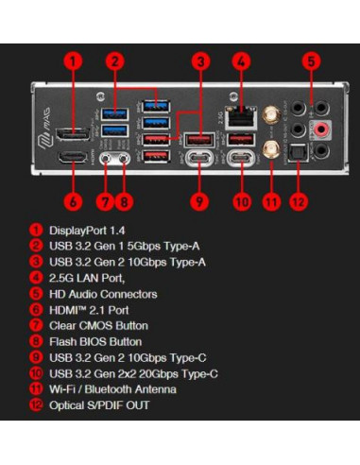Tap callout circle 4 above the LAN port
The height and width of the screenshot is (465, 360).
[242, 63]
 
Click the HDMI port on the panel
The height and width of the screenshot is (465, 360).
[68, 158]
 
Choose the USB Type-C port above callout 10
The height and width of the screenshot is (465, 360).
[240, 159]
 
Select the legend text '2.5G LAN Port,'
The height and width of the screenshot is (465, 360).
[88, 279]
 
